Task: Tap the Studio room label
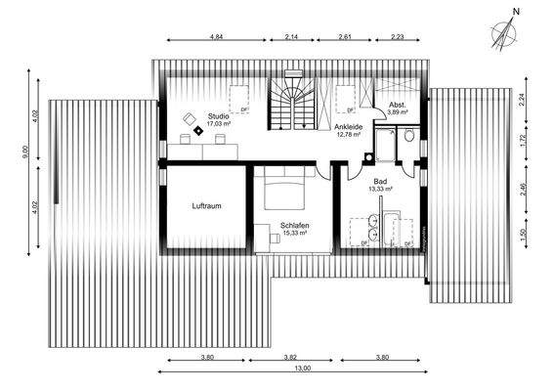point(218,115)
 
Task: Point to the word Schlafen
point(295,224)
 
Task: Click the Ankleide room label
point(349,126)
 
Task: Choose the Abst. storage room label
point(398,105)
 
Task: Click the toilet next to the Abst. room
point(405,138)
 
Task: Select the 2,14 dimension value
point(291,36)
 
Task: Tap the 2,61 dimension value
point(345,36)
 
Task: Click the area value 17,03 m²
point(218,124)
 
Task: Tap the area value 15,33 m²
point(295,233)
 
